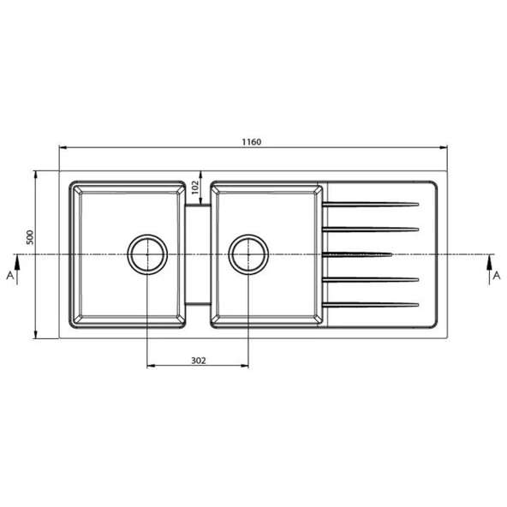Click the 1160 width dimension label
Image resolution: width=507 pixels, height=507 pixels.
click(x=252, y=142)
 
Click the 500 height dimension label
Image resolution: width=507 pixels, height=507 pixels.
click(x=30, y=237)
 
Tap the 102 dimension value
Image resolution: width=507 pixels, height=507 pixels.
click(x=195, y=188)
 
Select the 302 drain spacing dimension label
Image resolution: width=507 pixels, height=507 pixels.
click(x=198, y=361)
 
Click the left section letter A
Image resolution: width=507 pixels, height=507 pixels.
click(x=10, y=276)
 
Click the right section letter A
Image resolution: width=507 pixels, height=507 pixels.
click(x=497, y=276)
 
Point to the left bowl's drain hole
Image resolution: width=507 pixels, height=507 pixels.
click(x=147, y=254)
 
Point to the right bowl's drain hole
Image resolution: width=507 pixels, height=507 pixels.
click(x=248, y=254)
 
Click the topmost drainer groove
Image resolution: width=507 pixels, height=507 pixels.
click(x=371, y=205)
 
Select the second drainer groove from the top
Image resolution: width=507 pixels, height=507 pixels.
click(x=371, y=230)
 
